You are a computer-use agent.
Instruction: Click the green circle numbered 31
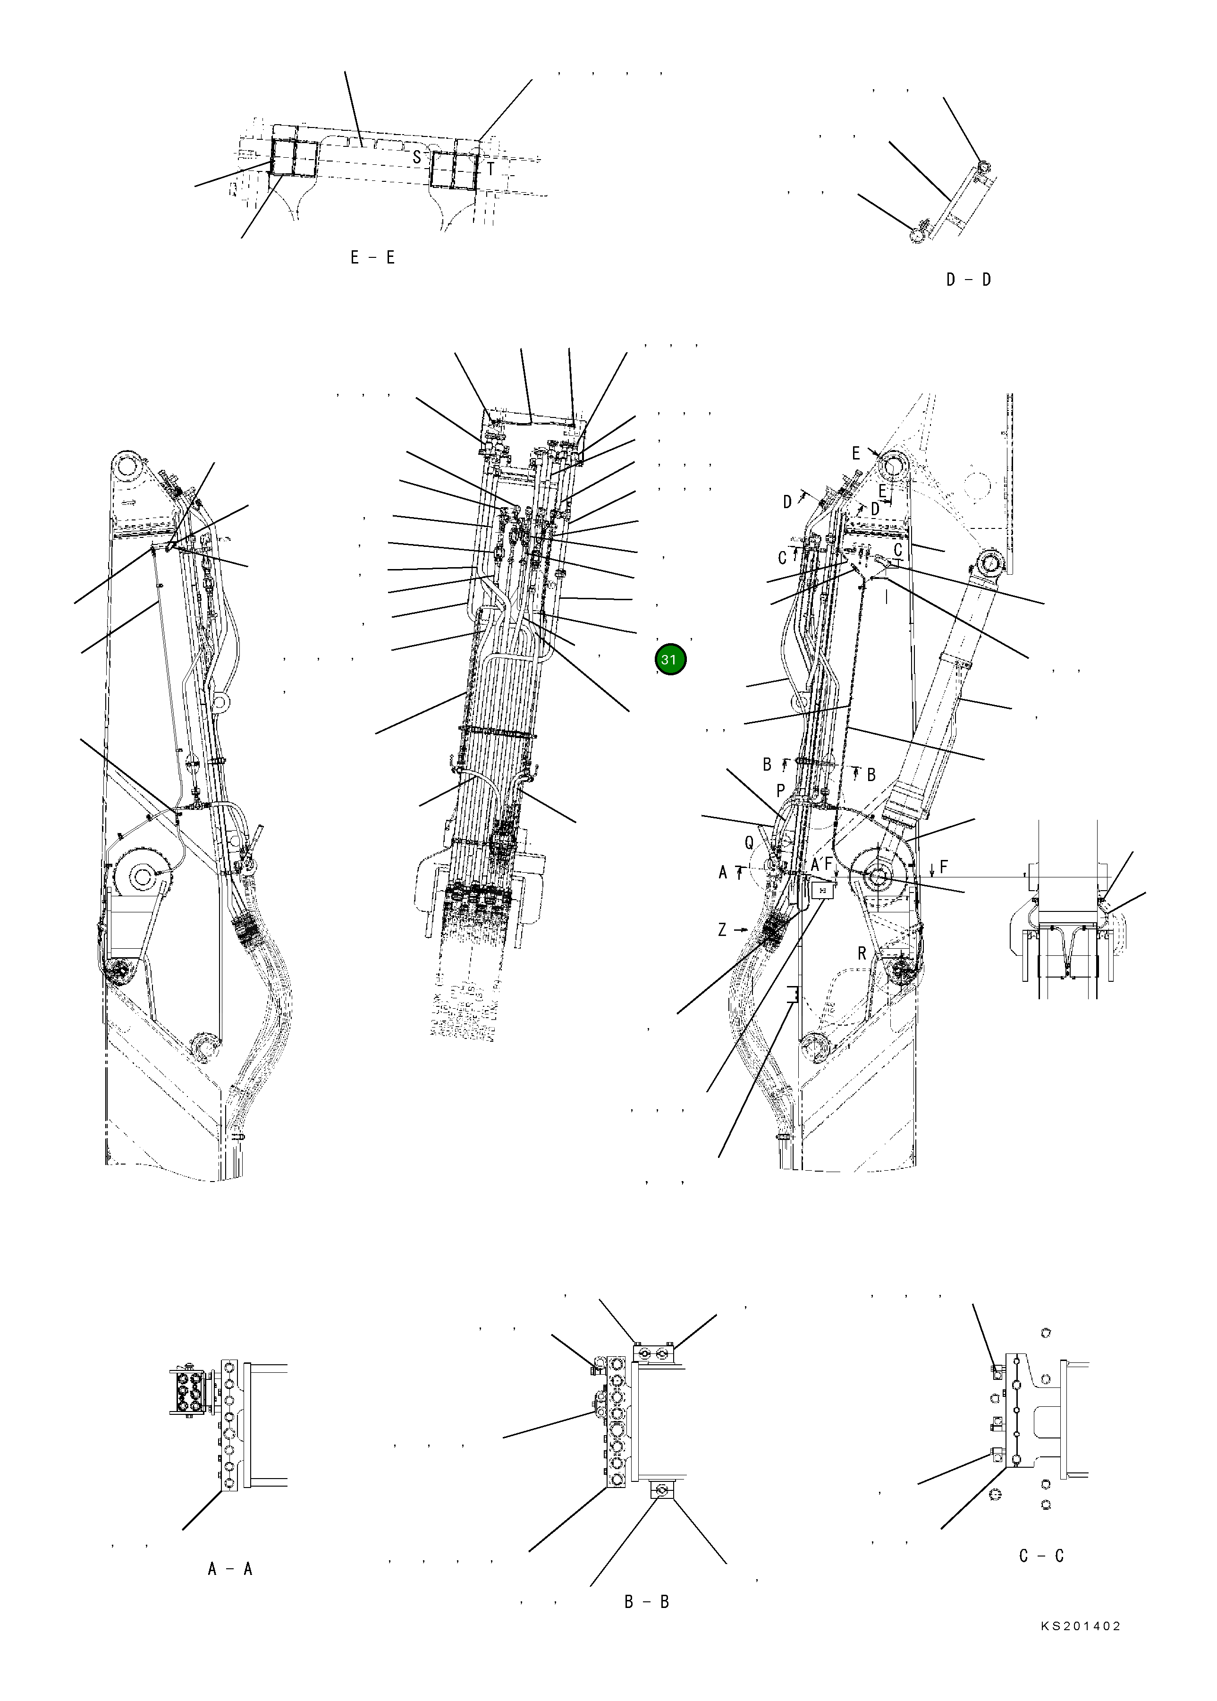pyautogui.click(x=670, y=660)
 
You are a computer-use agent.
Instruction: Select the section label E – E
pyautogui.click(x=372, y=258)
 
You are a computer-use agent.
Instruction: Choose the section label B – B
pyautogui.click(x=647, y=1602)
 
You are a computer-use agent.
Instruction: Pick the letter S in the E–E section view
pyautogui.click(x=417, y=157)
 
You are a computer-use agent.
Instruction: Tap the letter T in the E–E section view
pyautogui.click(x=491, y=170)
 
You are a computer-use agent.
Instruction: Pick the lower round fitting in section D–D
pyautogui.click(x=916, y=235)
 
